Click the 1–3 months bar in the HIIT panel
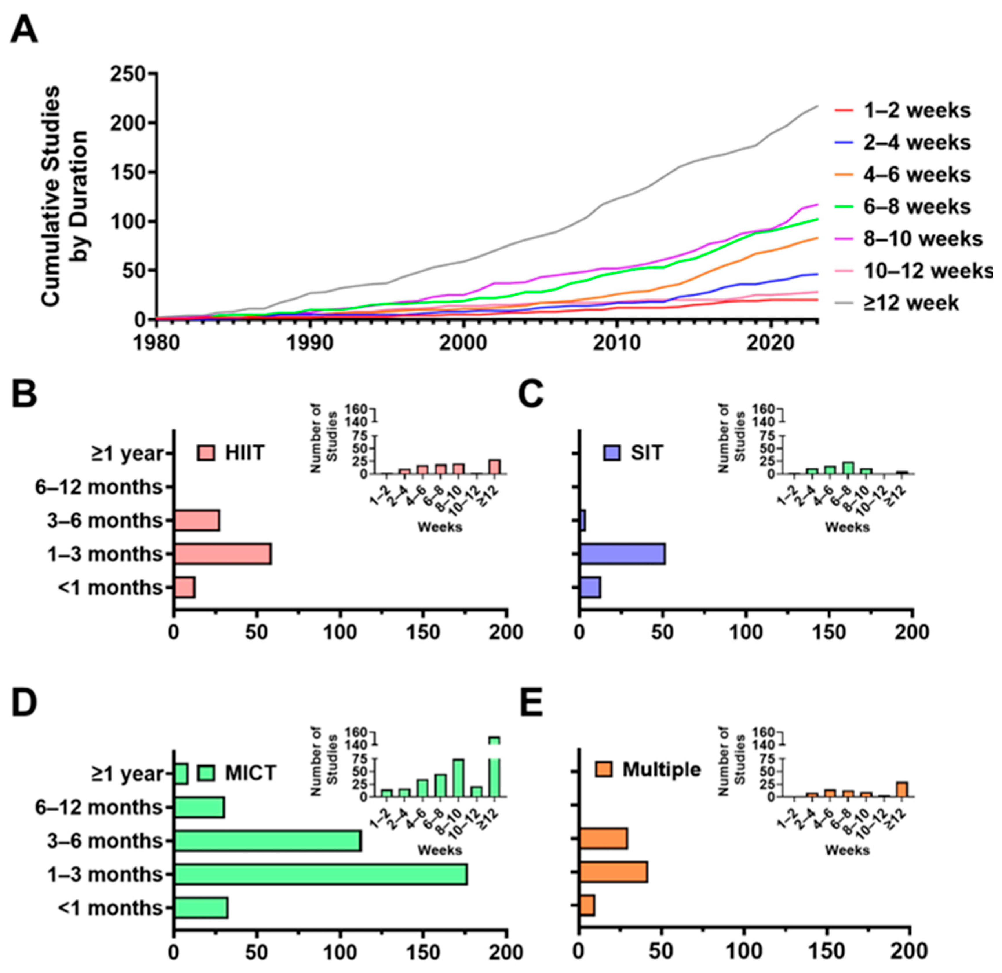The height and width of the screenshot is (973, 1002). pyautogui.click(x=222, y=554)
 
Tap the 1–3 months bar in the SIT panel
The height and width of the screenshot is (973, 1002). pyautogui.click(x=622, y=554)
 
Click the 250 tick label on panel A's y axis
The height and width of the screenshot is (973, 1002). pyautogui.click(x=128, y=75)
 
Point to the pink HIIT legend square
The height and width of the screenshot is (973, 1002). pyautogui.click(x=205, y=453)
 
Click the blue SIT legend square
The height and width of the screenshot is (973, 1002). pyautogui.click(x=612, y=453)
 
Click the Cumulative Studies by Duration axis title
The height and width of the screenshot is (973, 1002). pyautogui.click(x=64, y=197)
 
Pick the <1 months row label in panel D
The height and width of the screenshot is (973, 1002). pyautogui.click(x=110, y=908)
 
